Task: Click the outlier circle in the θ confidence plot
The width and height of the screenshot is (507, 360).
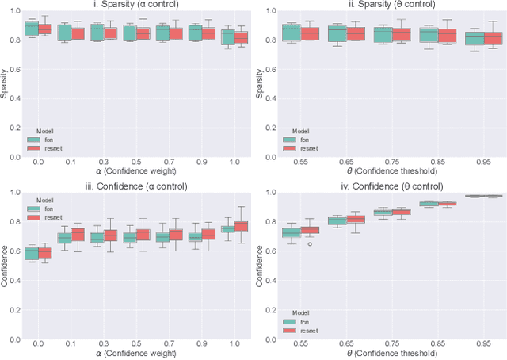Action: (309, 244)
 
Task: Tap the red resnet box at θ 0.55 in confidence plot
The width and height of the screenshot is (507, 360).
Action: (309, 230)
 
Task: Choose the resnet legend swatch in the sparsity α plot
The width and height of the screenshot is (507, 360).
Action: (34, 147)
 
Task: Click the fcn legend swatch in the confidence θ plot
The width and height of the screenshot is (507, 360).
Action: (290, 321)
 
